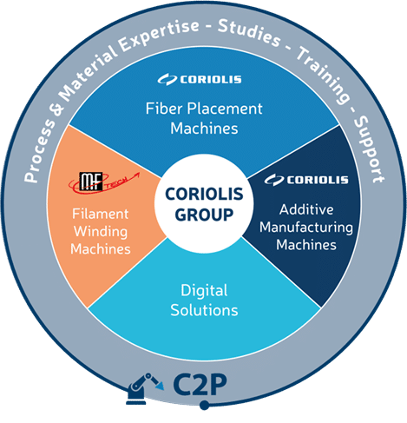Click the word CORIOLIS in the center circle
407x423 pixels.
point(204,194)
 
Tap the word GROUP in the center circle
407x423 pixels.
point(204,215)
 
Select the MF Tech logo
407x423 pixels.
point(104,182)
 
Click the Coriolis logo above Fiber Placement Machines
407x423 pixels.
point(200,80)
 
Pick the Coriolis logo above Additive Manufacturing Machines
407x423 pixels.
point(306,180)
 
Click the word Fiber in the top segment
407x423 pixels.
point(164,109)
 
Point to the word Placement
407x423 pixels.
point(225,109)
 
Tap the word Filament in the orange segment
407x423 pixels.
point(101,214)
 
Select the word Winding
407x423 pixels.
point(101,232)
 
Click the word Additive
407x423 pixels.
point(306,209)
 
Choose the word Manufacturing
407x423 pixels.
point(306,228)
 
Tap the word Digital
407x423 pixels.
point(204,291)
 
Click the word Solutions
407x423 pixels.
point(204,310)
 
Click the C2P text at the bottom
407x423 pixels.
point(200,385)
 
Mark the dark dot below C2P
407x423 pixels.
point(204,405)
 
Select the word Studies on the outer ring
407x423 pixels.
point(249,33)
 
